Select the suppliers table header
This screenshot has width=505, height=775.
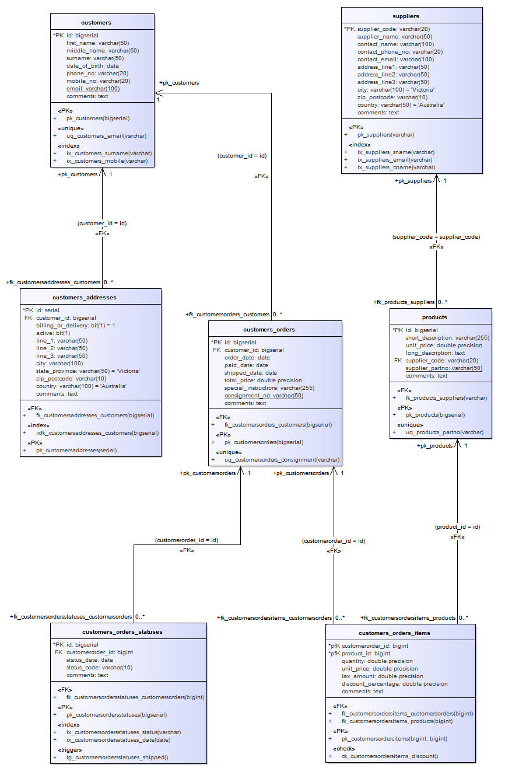411,16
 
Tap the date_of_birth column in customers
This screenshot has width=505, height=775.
92,66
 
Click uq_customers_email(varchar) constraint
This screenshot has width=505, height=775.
106,136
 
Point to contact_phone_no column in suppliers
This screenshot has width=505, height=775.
399,51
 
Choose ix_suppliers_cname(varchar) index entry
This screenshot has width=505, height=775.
396,167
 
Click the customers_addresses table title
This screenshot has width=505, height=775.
90,297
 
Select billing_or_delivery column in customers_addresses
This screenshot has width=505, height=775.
75,325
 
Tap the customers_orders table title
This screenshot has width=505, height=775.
275,329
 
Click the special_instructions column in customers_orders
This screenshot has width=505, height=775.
269,387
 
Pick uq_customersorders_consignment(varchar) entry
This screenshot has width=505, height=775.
282,459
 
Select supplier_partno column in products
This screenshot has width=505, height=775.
443,368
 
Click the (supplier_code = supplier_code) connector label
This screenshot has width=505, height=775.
436,237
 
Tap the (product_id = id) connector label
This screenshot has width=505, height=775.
457,526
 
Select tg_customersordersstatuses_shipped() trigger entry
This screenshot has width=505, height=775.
117,757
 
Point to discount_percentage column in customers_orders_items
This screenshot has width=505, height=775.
394,683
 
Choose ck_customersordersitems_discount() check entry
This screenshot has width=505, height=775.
389,756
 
